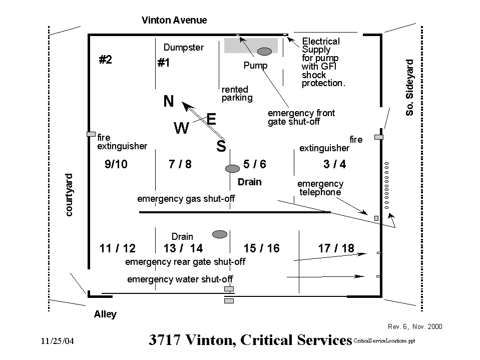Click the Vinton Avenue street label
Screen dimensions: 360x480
pyautogui.click(x=174, y=21)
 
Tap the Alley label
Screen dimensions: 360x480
pyautogui.click(x=105, y=314)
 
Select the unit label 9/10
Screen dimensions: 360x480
pyautogui.click(x=116, y=164)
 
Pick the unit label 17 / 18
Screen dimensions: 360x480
pyautogui.click(x=336, y=248)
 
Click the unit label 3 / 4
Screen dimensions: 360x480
pyautogui.click(x=334, y=164)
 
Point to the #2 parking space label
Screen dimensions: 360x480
pyautogui.click(x=105, y=60)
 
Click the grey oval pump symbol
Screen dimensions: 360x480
pyautogui.click(x=264, y=51)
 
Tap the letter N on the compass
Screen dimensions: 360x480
pyautogui.click(x=169, y=102)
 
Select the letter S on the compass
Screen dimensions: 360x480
pyautogui.click(x=221, y=147)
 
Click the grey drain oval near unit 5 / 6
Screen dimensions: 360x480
pyautogui.click(x=232, y=169)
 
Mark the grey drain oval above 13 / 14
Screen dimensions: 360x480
pyautogui.click(x=220, y=234)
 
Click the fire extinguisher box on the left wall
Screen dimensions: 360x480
pyautogui.click(x=91, y=134)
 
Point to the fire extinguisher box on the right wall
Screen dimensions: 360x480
pyautogui.click(x=379, y=137)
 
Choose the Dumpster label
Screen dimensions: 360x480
pyautogui.click(x=184, y=48)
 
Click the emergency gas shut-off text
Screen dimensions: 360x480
pyautogui.click(x=186, y=199)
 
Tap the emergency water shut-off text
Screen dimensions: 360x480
pyautogui.click(x=180, y=279)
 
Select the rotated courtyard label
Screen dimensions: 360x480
pyautogui.click(x=69, y=195)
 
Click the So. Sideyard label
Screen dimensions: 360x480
pyautogui.click(x=410, y=88)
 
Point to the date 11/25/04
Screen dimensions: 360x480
pyautogui.click(x=57, y=341)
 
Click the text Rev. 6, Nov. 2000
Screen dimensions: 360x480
pyautogui.click(x=415, y=326)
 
